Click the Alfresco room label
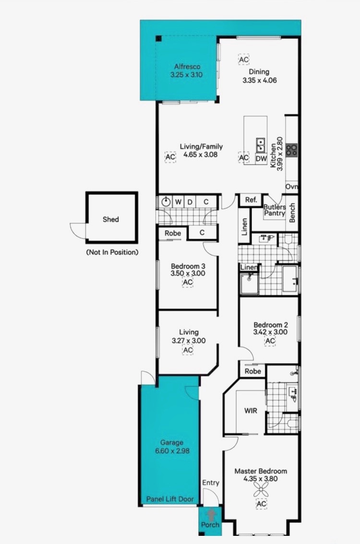187,66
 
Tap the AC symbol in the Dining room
244,59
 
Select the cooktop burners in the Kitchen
292,150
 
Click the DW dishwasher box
261,159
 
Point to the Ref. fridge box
251,200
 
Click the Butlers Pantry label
274,210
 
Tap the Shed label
111,219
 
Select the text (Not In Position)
112,252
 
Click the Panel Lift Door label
170,499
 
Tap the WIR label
251,411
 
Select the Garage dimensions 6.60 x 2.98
172,450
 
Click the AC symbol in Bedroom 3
188,282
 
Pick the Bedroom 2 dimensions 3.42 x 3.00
270,331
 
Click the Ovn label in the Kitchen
292,187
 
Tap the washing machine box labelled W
178,201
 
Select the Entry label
211,483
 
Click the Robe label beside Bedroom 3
172,233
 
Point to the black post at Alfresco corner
158,38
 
